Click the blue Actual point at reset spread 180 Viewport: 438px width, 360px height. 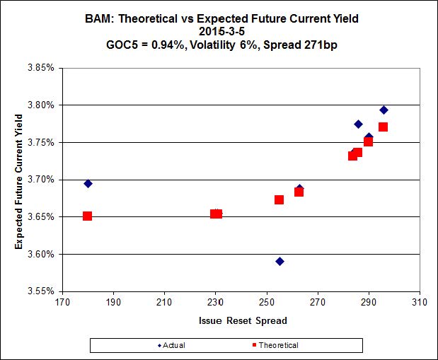click(x=88, y=183)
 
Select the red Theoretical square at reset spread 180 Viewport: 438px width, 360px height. click(x=87, y=216)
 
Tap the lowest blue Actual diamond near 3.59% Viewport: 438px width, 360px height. click(x=279, y=261)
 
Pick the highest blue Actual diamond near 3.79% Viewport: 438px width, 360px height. click(x=384, y=110)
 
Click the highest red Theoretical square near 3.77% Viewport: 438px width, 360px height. click(x=383, y=127)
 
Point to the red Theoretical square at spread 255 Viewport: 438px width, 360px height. click(x=279, y=199)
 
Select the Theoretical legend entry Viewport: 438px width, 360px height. click(x=274, y=345)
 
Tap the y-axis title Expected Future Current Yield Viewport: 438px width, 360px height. click(x=19, y=179)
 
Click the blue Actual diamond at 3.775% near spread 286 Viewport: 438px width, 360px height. click(x=358, y=124)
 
